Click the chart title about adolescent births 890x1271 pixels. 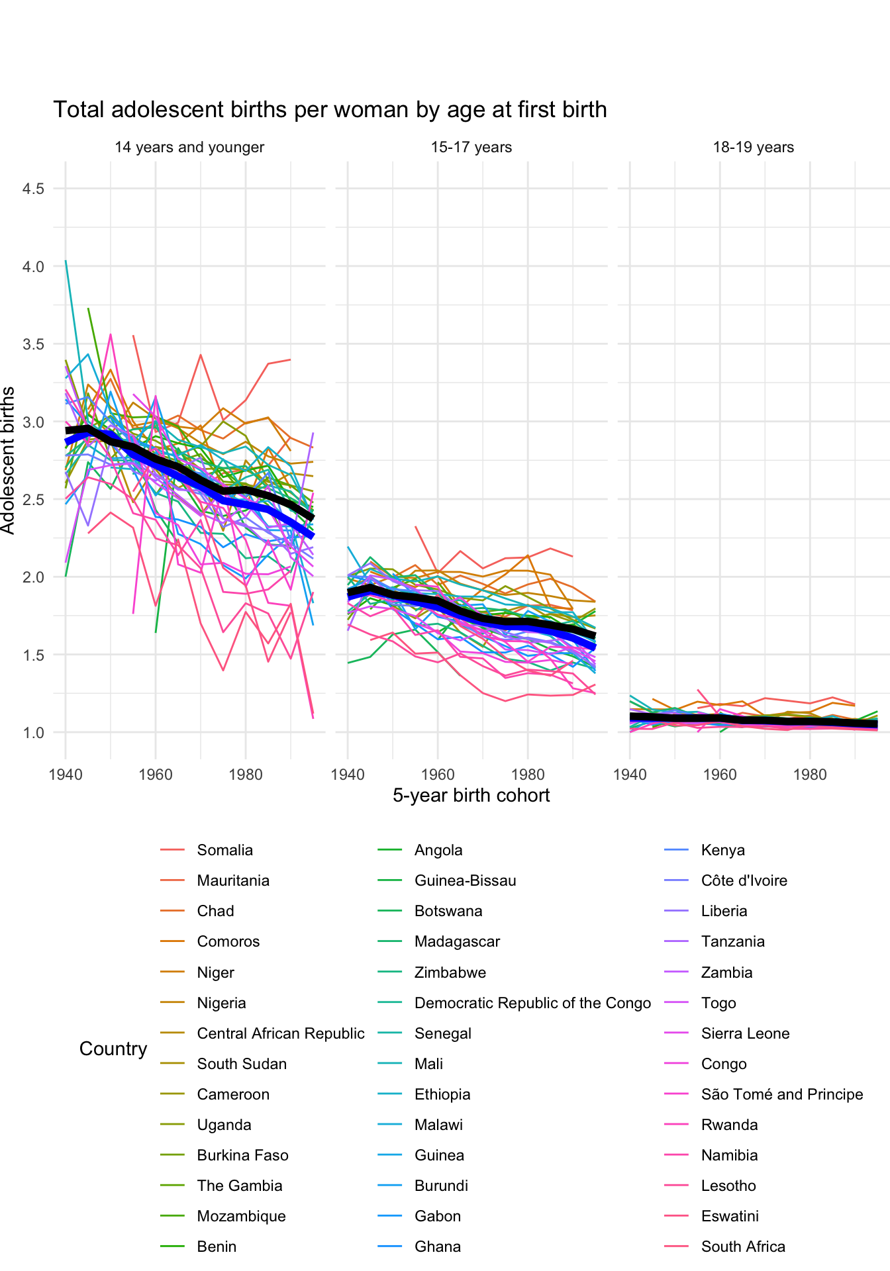330,110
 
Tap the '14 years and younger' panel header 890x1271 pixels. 189,148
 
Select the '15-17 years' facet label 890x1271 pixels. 471,148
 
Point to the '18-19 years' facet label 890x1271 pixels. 753,148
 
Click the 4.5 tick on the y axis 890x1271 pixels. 33,189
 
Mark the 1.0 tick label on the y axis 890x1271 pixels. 33,733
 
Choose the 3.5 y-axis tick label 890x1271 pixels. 33,345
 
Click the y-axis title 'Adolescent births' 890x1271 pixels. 8,460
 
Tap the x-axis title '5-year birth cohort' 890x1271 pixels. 471,795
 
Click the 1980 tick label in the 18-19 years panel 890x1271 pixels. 809,775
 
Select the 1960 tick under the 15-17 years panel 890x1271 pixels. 438,775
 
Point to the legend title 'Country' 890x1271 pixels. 113,1049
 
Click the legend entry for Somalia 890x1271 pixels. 224,851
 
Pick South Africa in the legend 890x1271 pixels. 742,1247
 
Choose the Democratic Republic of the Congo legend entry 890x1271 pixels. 532,1004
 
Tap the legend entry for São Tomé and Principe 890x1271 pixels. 781,1095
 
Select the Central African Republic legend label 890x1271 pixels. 280,1034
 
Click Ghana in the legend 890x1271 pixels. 437,1247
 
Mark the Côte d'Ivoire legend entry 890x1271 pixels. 744,881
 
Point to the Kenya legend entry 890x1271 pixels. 722,851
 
